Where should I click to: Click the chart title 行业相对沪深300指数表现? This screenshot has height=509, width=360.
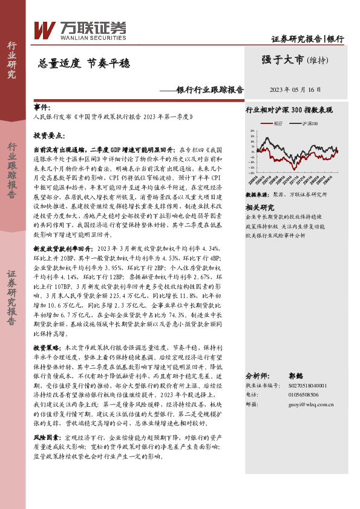click(289, 110)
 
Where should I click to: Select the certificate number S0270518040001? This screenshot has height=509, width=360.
click(307, 385)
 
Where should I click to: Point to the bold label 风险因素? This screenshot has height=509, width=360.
click(49, 436)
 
